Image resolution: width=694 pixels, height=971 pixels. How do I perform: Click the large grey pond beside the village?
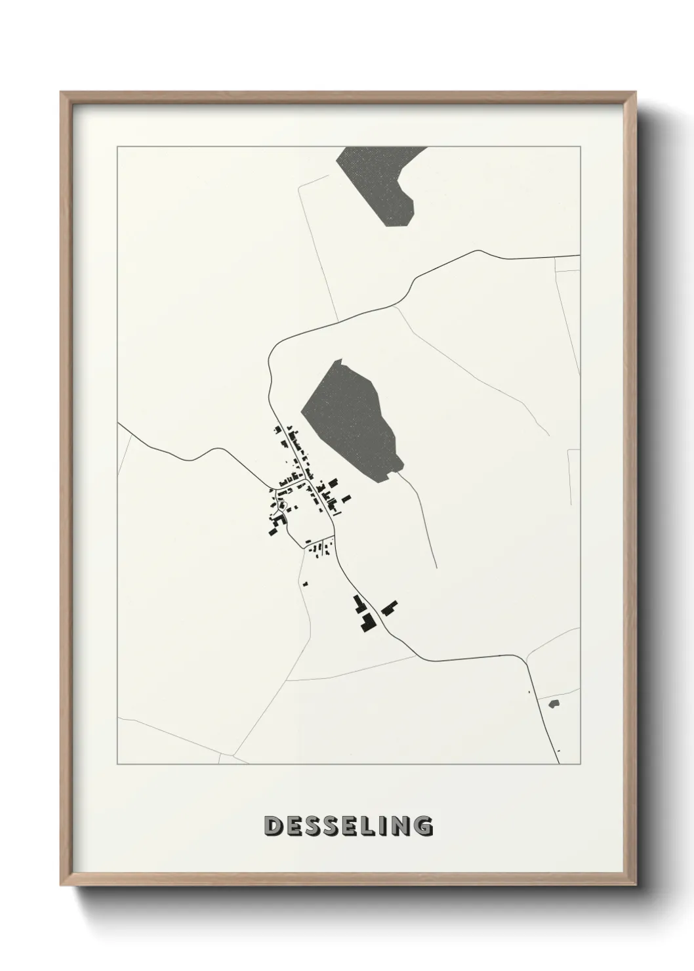tap(351, 421)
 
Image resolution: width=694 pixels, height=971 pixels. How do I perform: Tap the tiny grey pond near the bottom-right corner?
tap(554, 703)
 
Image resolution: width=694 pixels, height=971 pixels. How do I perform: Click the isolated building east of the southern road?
tap(390, 608)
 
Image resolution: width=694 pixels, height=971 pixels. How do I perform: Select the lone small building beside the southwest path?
tap(304, 583)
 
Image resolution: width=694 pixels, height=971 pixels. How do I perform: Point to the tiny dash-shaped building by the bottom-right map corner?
tap(558, 751)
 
